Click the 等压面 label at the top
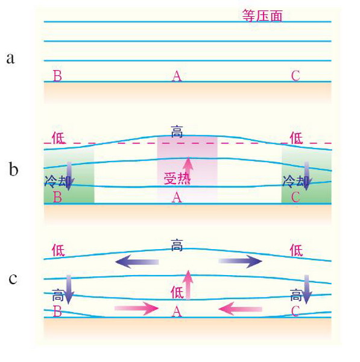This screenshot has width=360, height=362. (262, 16)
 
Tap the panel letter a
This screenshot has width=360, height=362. (10, 58)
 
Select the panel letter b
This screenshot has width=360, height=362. (13, 169)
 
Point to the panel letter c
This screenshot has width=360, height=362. (13, 279)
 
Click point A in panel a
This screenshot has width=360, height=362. (177, 76)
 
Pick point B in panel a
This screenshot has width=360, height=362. (57, 76)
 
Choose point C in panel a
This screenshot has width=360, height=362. (295, 76)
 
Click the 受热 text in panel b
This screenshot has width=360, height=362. (177, 178)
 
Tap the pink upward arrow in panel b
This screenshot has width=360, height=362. (189, 171)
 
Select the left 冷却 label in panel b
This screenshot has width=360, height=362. (57, 181)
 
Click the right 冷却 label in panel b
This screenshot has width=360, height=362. (295, 181)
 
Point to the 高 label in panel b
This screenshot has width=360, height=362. (177, 132)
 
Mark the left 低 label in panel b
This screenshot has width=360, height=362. (58, 138)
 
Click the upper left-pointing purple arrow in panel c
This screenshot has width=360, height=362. (137, 262)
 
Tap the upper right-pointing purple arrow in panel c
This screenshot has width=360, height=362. (240, 261)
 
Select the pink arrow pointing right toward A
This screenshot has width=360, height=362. (136, 308)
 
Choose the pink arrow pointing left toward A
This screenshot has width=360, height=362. (240, 309)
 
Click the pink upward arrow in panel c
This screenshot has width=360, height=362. (189, 285)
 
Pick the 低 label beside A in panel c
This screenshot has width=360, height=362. (177, 292)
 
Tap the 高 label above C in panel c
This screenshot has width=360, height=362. (296, 295)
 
